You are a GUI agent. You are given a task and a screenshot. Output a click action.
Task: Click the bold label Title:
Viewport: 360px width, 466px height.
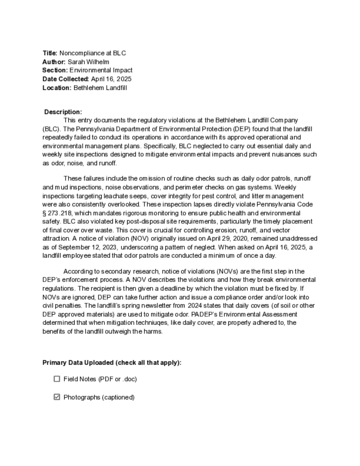(50, 53)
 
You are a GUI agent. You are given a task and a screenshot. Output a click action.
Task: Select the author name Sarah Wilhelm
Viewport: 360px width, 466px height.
(88, 62)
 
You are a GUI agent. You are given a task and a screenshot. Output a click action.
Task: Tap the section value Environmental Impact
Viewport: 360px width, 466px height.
(101, 71)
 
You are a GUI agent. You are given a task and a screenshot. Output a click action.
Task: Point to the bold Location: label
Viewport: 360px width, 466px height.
(57, 88)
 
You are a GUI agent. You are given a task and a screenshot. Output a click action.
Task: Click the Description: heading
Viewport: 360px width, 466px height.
(63, 112)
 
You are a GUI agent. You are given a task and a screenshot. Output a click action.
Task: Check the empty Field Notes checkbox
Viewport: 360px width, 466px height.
(57, 379)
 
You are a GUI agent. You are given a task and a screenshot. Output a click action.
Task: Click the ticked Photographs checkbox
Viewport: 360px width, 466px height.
(57, 397)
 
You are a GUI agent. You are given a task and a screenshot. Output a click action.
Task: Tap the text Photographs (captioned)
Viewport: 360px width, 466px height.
(99, 397)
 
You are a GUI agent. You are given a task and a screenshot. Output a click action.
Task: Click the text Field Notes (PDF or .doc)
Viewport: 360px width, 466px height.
(100, 379)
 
